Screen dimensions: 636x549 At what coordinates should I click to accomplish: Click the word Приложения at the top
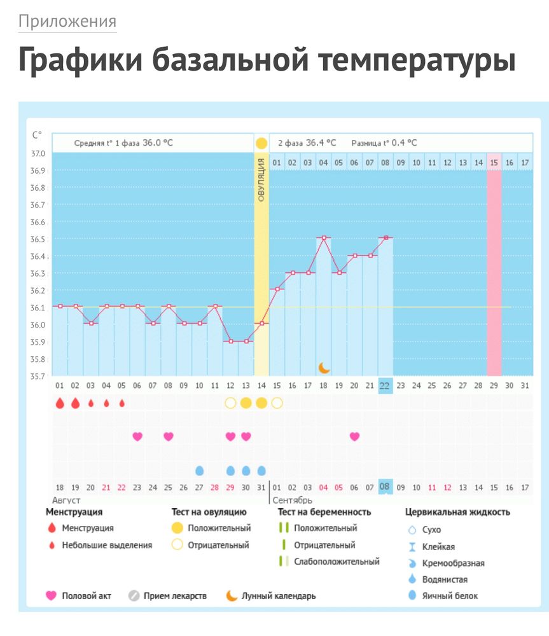[x=67, y=22]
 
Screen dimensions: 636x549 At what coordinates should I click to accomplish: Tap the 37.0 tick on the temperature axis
[x=38, y=154]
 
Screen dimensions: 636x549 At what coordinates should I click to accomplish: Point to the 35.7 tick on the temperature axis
[x=38, y=376]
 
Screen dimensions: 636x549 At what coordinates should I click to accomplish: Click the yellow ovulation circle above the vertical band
[x=261, y=143]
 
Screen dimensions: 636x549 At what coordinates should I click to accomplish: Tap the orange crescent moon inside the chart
[x=324, y=368]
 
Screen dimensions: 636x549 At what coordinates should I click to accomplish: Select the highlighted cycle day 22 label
[x=385, y=385]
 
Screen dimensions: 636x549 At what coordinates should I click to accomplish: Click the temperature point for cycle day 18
[x=324, y=238]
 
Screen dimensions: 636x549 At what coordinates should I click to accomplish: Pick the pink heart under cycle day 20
[x=354, y=436]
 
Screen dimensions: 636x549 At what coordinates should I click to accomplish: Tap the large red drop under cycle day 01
[x=60, y=403]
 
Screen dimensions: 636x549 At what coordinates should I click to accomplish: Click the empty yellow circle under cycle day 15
[x=277, y=403]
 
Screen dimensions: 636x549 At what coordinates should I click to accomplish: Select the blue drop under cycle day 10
[x=199, y=471]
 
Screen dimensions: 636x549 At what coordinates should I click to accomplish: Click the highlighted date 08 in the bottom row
[x=385, y=487]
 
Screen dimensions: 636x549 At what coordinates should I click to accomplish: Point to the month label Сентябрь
[x=292, y=501]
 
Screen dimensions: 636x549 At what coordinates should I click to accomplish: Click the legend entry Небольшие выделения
[x=107, y=545]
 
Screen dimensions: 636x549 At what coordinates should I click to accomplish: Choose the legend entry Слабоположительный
[x=337, y=562]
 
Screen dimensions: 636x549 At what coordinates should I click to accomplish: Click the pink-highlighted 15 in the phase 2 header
[x=494, y=163]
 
